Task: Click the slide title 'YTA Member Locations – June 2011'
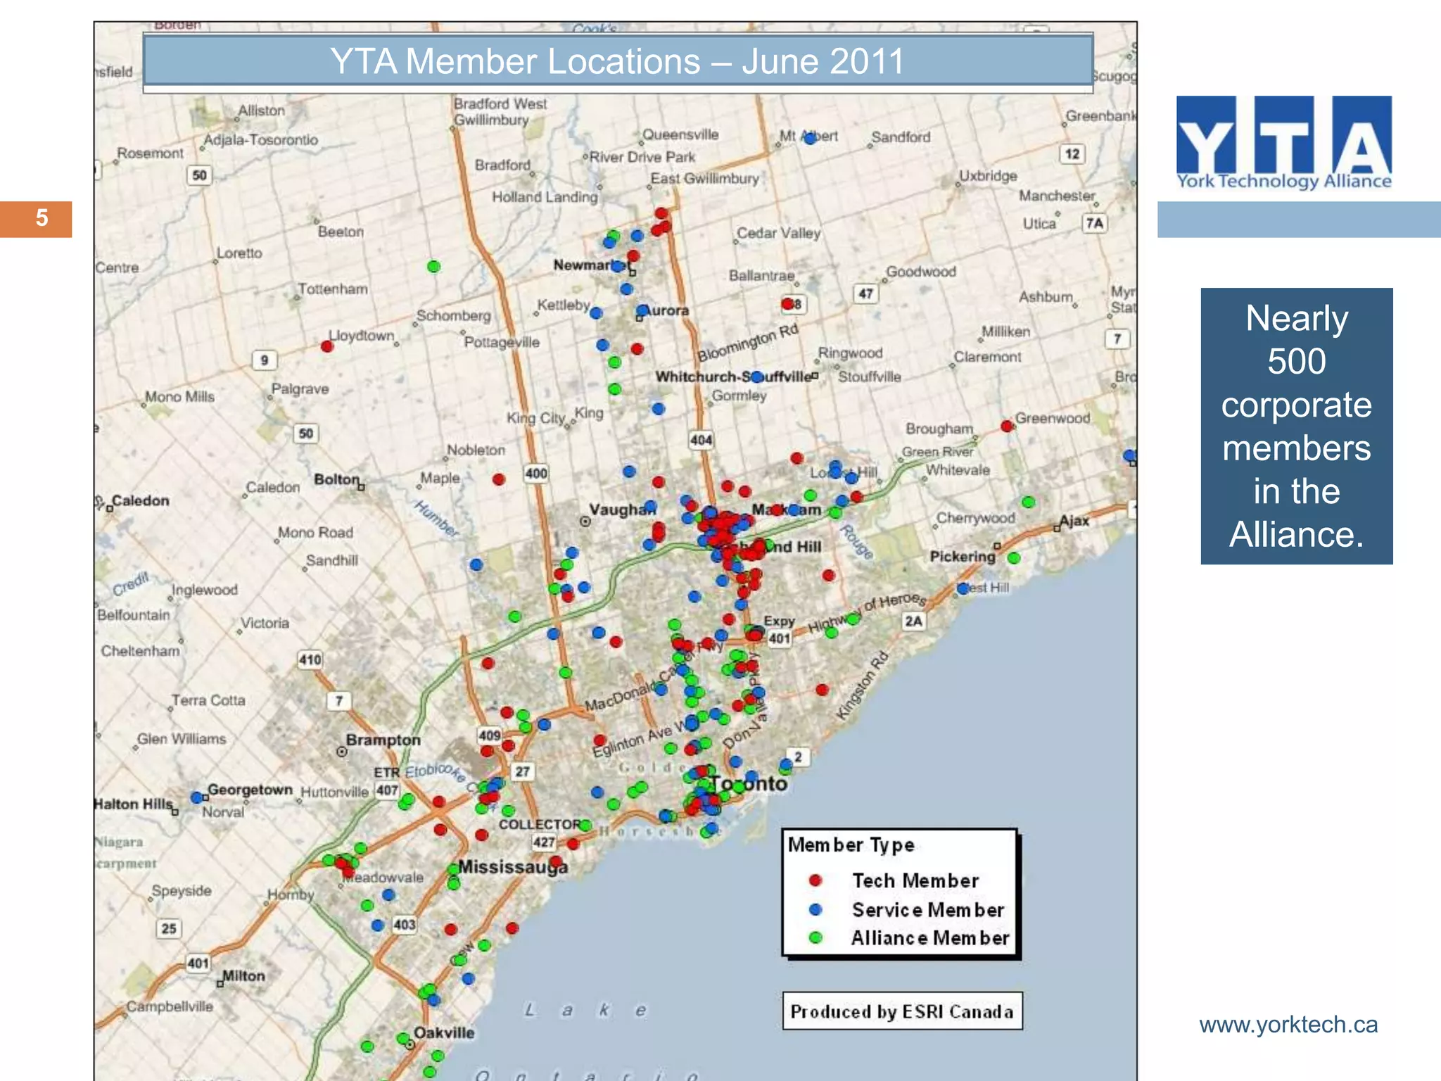point(617,61)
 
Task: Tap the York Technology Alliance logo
point(1283,143)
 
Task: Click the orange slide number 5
point(42,218)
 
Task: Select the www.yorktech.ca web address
point(1288,1025)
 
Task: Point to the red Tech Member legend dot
point(815,880)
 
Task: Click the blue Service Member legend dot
point(815,909)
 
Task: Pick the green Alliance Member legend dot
point(815,937)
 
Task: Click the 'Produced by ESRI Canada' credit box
point(902,1011)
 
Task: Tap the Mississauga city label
point(513,866)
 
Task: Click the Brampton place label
point(383,740)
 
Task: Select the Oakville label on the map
point(444,1032)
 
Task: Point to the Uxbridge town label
point(988,176)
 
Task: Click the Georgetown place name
point(250,790)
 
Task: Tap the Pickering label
point(963,557)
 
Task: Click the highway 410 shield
point(310,660)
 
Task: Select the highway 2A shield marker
point(913,621)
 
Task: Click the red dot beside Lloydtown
point(327,346)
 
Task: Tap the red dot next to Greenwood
point(1007,426)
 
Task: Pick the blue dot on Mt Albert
point(810,139)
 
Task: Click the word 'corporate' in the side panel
point(1296,405)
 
